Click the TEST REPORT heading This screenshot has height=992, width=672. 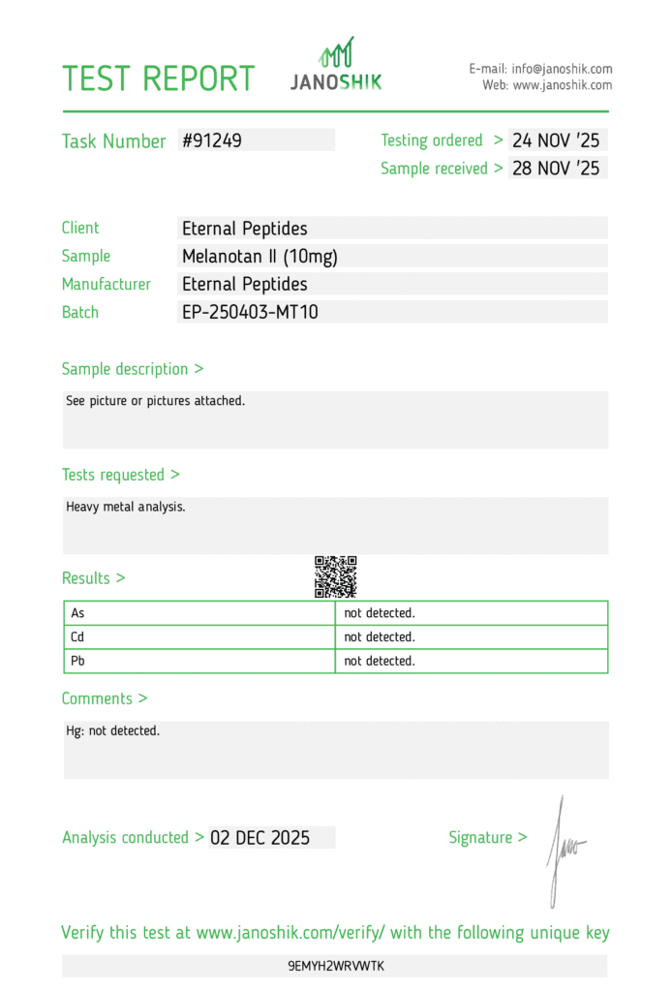pos(159,78)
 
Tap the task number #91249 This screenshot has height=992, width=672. pos(212,140)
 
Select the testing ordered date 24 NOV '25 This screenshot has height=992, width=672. pos(556,140)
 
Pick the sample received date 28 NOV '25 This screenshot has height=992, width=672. pos(556,169)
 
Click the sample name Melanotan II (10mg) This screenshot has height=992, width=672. pos(260,257)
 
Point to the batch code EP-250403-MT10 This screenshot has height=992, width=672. pos(250,312)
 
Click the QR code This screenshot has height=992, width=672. pos(336,576)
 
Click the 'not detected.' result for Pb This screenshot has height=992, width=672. pos(380,661)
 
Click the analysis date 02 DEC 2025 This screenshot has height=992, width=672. pos(260,838)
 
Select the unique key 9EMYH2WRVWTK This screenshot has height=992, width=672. pos(336,966)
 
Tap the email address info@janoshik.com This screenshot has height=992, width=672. pos(563,69)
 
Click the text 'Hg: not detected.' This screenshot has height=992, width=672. pos(112,730)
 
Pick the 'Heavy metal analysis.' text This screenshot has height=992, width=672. pos(125,507)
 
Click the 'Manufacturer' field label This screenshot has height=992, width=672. pos(107,285)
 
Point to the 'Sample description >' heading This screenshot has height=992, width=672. pos(133,369)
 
